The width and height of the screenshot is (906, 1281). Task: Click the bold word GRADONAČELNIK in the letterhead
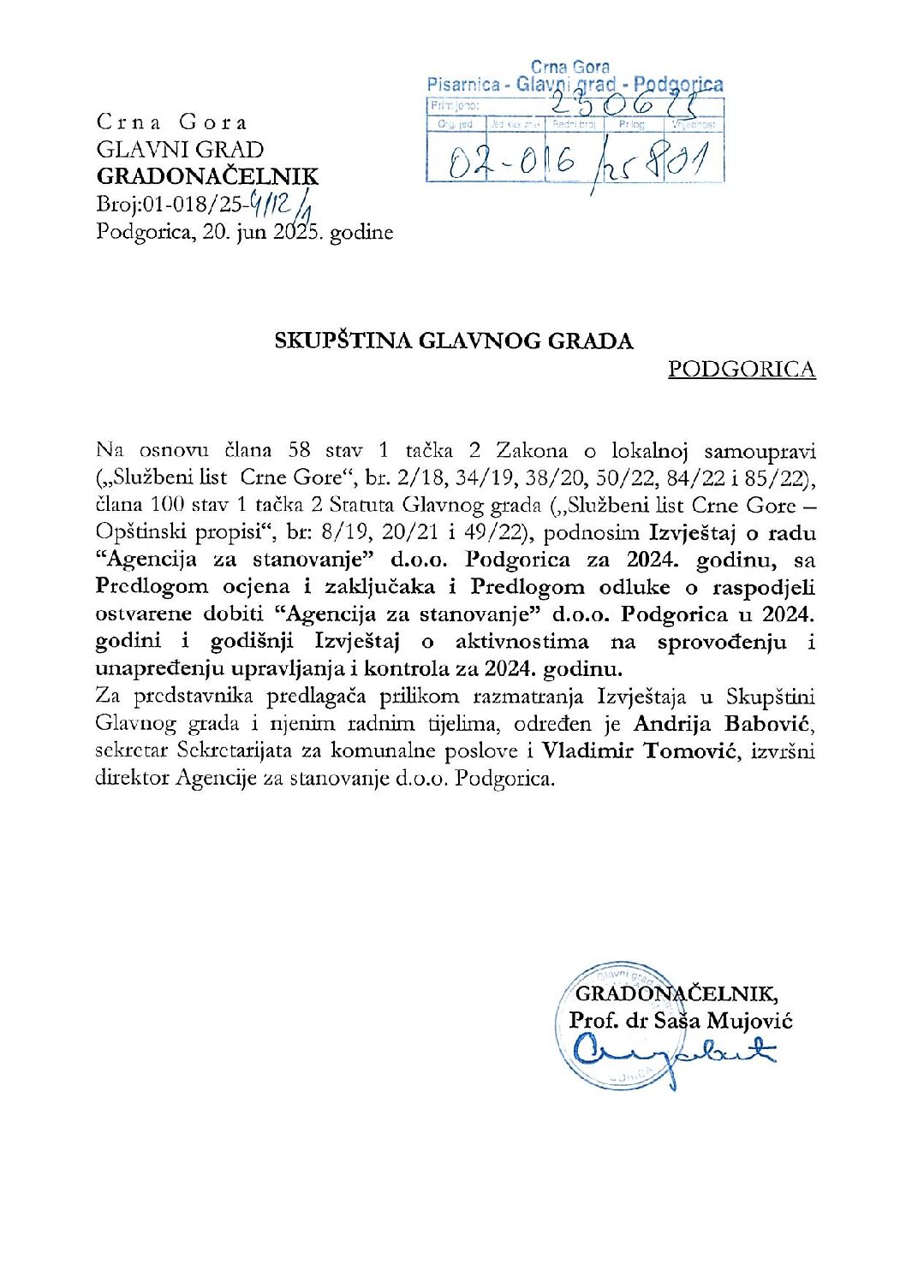pos(206,176)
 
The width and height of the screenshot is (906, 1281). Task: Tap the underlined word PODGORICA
pos(741,369)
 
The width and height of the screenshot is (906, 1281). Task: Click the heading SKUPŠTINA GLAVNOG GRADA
pos(453,341)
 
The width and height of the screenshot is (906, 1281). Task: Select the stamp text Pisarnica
pos(462,85)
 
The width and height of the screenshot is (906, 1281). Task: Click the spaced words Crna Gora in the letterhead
pos(171,122)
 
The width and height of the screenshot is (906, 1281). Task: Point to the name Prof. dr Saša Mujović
pos(680,1020)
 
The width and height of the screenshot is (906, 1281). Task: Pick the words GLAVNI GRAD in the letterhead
pos(180,149)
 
